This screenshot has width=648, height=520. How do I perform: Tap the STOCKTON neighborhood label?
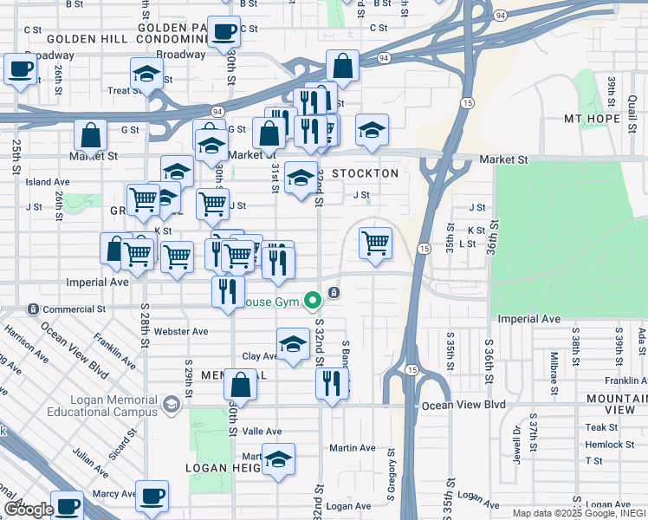(364, 173)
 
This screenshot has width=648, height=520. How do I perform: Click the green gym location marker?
(312, 302)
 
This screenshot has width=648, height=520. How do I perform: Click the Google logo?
(28, 510)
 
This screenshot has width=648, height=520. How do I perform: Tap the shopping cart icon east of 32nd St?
(375, 242)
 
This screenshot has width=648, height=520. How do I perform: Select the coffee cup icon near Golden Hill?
(224, 33)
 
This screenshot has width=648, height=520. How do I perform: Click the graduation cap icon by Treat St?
(146, 75)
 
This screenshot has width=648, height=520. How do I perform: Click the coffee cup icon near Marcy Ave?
(152, 497)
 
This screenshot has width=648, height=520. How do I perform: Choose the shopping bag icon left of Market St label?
(90, 135)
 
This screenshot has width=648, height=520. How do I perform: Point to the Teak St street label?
(601, 427)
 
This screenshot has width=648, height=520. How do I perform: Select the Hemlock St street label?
(609, 445)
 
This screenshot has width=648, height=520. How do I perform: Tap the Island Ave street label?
(47, 182)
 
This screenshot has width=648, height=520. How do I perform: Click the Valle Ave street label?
(262, 431)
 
